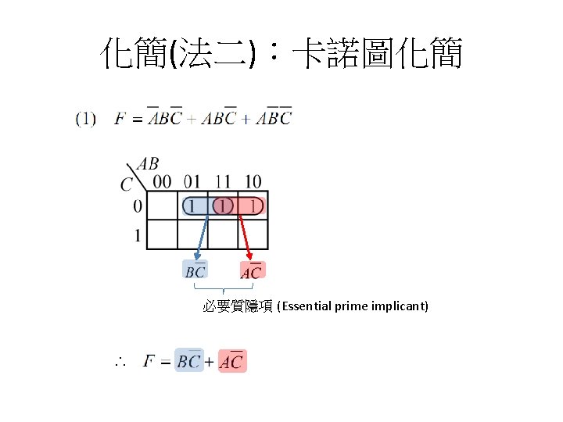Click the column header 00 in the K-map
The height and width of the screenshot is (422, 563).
coord(162,182)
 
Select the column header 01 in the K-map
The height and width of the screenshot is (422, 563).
coord(192,182)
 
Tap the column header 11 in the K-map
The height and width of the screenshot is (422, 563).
coord(224,182)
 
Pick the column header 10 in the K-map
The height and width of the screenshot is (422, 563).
coord(253,182)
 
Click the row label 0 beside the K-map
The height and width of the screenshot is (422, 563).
coord(138,206)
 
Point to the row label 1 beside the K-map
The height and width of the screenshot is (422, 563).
coord(138,235)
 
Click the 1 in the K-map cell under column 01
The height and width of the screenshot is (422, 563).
coord(192,206)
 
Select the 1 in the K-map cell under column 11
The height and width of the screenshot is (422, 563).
coord(224,206)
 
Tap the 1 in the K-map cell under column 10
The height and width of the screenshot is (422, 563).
coord(253,206)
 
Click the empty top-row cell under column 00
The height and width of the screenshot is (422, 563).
coord(163,206)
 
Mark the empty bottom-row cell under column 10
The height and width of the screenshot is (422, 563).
coord(254,235)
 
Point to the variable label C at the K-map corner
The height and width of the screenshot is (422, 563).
coord(127,184)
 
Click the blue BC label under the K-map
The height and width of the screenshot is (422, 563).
coord(195,271)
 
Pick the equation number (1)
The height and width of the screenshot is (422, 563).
coord(86,119)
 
